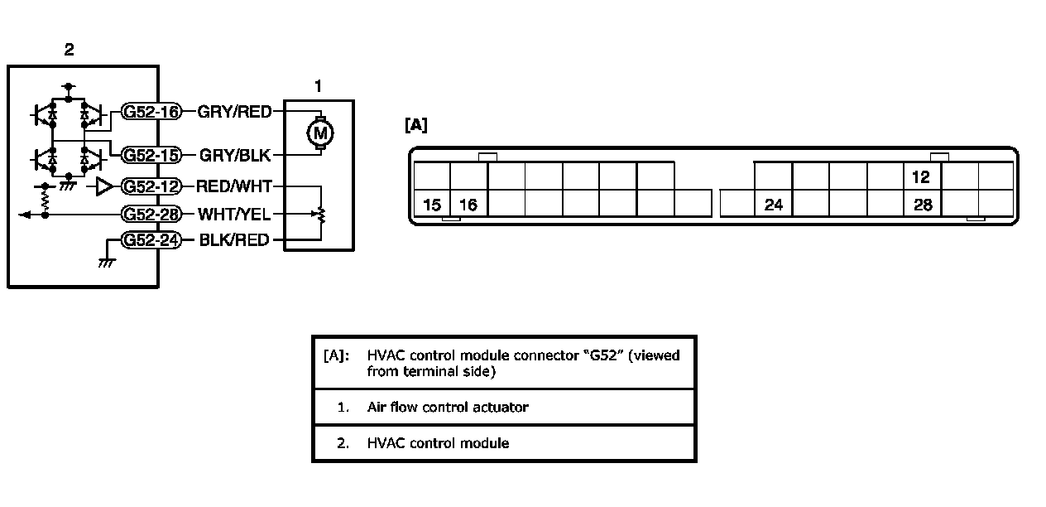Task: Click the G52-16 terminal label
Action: click(151, 112)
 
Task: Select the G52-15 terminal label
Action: click(151, 155)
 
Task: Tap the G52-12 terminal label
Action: click(151, 186)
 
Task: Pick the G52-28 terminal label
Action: click(151, 215)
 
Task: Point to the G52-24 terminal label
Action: click(151, 241)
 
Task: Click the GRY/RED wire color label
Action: click(234, 112)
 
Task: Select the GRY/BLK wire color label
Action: click(234, 155)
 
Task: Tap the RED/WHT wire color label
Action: click(234, 186)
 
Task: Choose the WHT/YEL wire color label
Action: click(234, 215)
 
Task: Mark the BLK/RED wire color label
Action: click(234, 241)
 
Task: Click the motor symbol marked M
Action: click(319, 132)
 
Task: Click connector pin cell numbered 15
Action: click(431, 205)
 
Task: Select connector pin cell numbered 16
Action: click(468, 205)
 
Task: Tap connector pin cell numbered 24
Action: click(774, 205)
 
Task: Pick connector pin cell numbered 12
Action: click(922, 177)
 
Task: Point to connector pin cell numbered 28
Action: click(924, 205)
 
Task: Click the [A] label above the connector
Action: click(416, 125)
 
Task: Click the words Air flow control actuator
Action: click(447, 407)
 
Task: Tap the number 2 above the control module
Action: click(70, 50)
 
